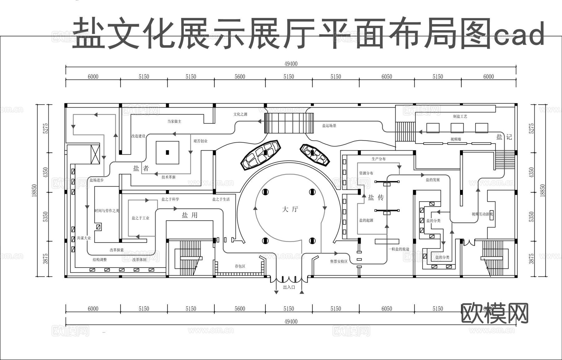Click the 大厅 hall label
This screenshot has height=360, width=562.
point(290,209)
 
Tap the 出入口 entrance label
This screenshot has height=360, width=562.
point(289,287)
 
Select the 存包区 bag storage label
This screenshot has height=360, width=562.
point(240,266)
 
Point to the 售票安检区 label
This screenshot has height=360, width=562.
point(339,261)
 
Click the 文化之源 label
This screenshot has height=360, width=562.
point(240,114)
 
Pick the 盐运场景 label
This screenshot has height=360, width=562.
point(329,126)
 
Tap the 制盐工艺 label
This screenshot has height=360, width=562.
point(460,116)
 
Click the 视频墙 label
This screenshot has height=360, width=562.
point(456,139)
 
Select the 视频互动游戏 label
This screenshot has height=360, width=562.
point(482,214)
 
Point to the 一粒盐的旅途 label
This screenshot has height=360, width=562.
point(398,249)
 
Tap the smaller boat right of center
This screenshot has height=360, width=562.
point(315,154)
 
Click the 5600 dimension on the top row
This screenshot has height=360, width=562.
point(240,77)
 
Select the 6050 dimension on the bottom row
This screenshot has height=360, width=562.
point(387,309)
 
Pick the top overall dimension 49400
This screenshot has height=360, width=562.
point(291,64)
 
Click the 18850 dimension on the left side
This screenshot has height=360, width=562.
point(35,190)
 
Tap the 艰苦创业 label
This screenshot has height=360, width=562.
point(200,141)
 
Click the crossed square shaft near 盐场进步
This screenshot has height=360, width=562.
point(95,154)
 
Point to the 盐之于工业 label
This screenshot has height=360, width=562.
point(140,218)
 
